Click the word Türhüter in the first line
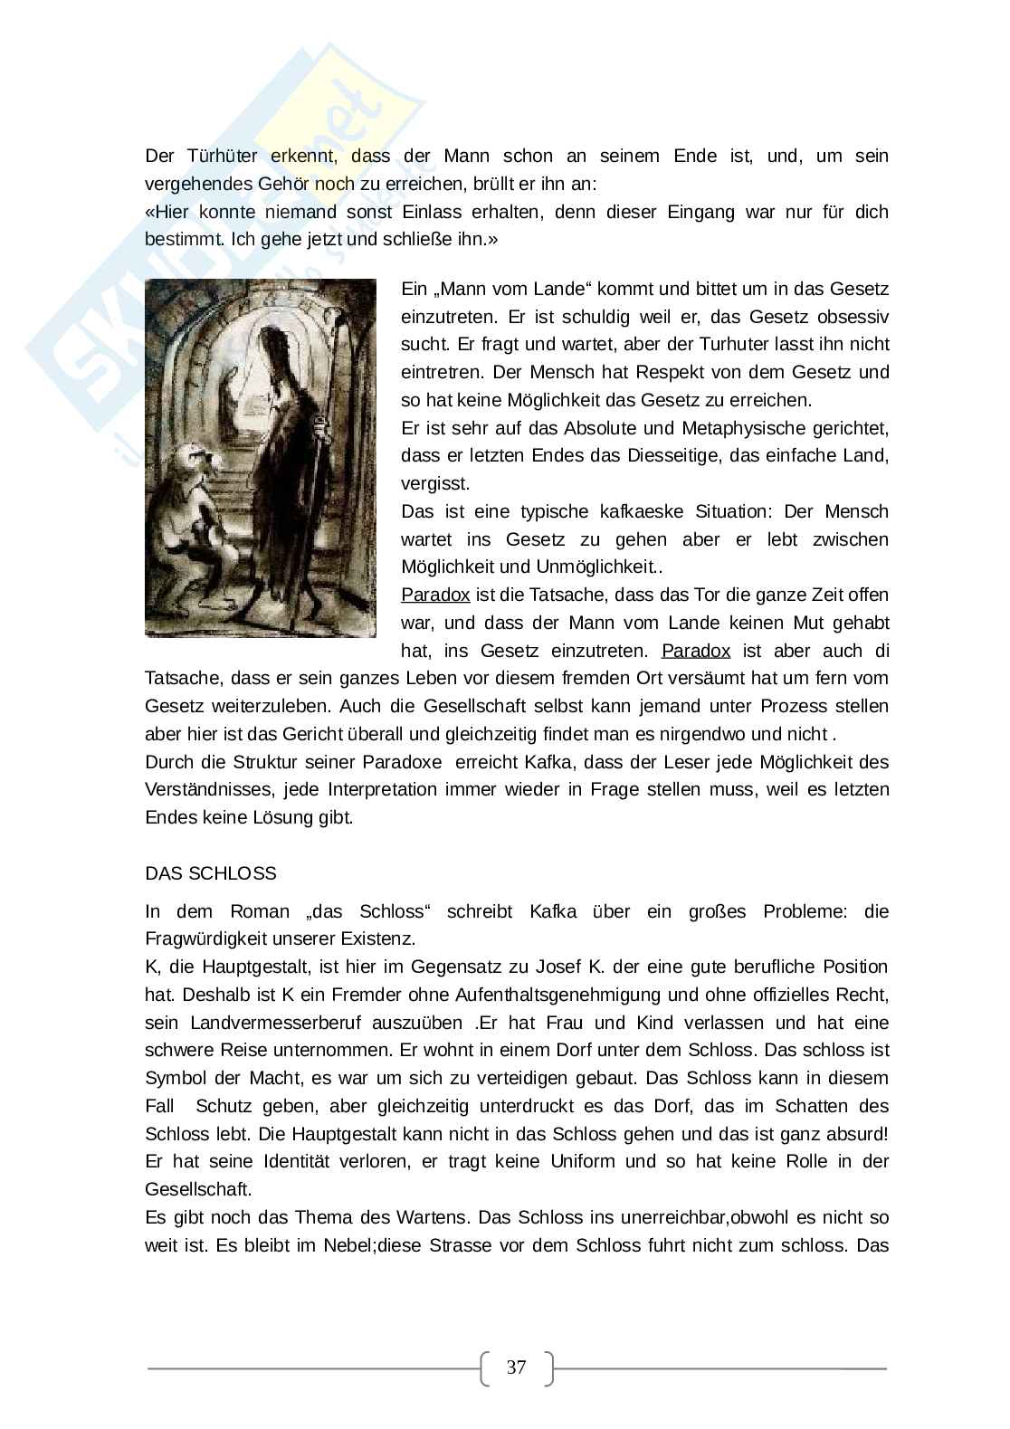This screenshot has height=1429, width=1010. click(x=218, y=156)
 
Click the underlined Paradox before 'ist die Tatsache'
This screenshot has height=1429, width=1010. click(x=435, y=595)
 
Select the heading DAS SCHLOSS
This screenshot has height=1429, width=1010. click(x=211, y=873)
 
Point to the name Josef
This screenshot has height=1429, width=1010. click(x=552, y=967)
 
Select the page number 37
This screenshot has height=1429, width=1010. click(x=516, y=1367)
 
